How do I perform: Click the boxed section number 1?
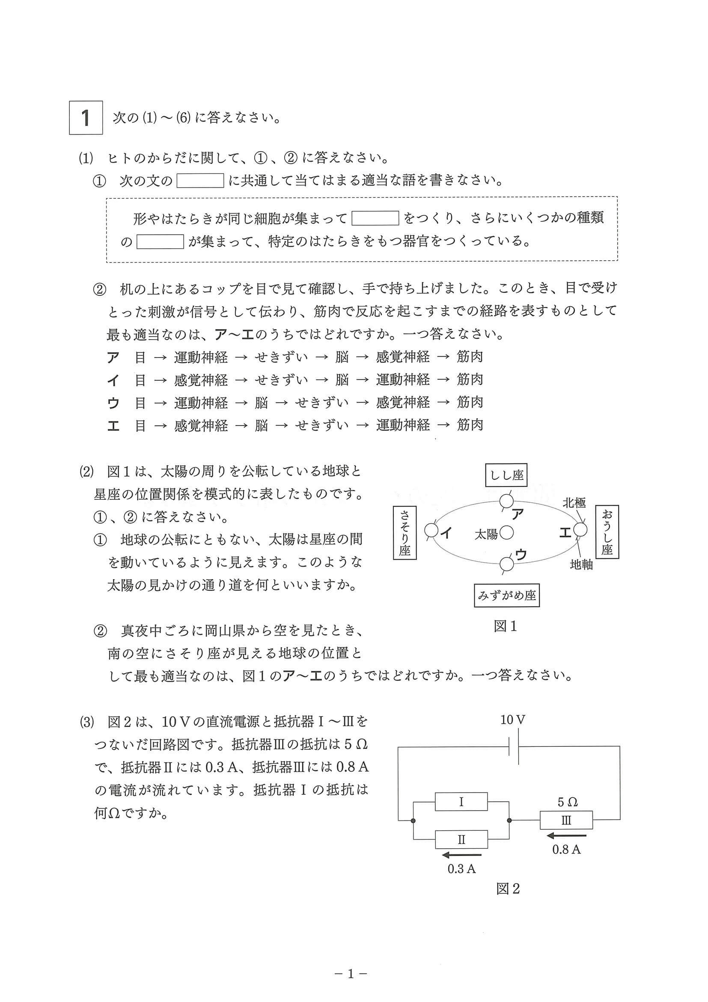pos(86,118)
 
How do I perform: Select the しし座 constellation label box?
pos(506,475)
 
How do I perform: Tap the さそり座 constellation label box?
pos(405,533)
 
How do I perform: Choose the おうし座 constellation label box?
pos(607,533)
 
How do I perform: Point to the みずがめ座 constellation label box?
pos(506,596)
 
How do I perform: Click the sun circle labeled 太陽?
pos(506,533)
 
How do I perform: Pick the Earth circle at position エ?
pos(580,530)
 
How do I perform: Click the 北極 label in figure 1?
pos(574,503)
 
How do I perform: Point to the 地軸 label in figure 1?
pos(581,565)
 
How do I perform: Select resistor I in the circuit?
pos(461,802)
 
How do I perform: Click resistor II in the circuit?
pos(461,839)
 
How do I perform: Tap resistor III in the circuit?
pos(566,820)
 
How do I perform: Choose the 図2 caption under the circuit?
pos(508,889)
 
